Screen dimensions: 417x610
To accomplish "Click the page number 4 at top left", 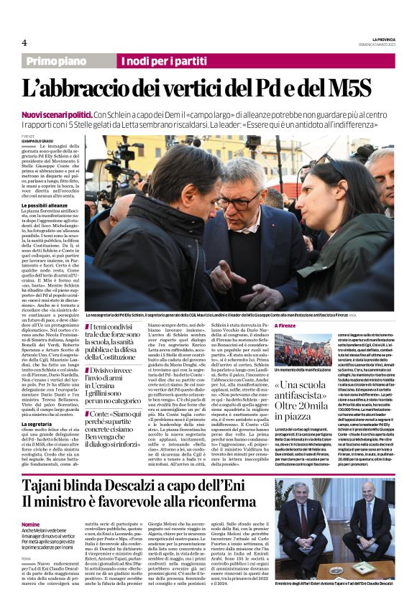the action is tap(24, 42).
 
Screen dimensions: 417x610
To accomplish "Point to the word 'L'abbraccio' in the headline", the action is tap(93, 90).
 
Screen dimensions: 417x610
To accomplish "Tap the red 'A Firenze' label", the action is tap(286, 325).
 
